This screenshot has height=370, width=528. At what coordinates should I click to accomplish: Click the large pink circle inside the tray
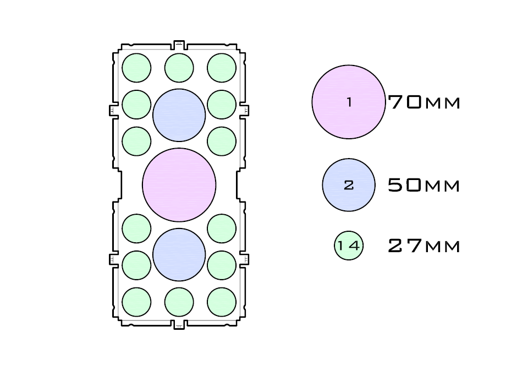click(x=179, y=185)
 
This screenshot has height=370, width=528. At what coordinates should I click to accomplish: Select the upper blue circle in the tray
click(x=179, y=115)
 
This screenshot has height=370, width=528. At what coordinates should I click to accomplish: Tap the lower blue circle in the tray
click(x=179, y=254)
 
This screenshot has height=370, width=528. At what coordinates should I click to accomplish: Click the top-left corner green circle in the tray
click(x=136, y=68)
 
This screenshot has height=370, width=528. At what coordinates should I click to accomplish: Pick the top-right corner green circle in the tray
click(x=222, y=68)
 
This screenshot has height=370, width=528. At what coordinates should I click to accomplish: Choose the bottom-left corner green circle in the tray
click(x=136, y=302)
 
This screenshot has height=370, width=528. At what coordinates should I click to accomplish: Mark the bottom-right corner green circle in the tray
click(x=222, y=302)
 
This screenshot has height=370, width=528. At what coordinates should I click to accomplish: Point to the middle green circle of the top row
click(x=179, y=68)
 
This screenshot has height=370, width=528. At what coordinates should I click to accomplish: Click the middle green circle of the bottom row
click(x=179, y=302)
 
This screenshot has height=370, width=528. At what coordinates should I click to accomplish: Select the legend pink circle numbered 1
click(x=349, y=102)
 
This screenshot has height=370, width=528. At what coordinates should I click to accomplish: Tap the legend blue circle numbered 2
click(x=349, y=185)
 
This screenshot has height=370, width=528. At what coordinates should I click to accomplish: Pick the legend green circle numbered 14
click(x=349, y=246)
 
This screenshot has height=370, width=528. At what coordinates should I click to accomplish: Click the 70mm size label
click(x=424, y=102)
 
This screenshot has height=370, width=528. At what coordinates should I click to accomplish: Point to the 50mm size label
click(x=424, y=186)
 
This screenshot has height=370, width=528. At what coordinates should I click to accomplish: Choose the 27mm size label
click(x=424, y=246)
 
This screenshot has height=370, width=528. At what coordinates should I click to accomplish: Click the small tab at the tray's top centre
click(x=179, y=44)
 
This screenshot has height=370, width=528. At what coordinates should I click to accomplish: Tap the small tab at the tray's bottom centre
click(x=179, y=325)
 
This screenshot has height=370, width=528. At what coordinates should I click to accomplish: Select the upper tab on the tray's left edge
click(x=113, y=110)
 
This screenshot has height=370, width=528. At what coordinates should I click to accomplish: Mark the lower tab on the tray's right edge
click(x=245, y=258)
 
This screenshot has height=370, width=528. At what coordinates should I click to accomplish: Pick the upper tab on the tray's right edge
click(x=245, y=110)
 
